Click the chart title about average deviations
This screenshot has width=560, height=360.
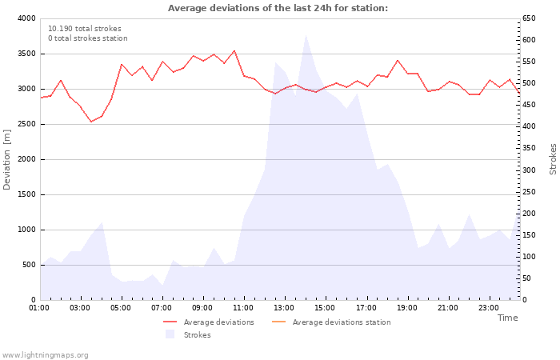[278, 8]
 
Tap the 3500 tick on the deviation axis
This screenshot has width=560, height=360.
[26, 54]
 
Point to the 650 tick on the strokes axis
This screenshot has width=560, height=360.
[529, 18]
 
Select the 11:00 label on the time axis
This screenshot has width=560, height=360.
[243, 308]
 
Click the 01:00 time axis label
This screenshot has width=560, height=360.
[39, 308]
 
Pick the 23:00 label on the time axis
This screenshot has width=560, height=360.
[489, 308]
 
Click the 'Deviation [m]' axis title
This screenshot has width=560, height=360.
[6, 159]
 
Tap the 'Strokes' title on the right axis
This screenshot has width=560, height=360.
[553, 159]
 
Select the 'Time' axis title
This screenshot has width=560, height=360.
[507, 318]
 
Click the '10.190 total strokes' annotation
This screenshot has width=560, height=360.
[85, 29]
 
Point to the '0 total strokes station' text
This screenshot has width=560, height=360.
[88, 38]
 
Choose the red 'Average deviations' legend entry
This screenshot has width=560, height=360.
[209, 322]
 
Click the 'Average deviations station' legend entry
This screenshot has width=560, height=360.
[331, 322]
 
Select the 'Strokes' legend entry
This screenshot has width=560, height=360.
[188, 334]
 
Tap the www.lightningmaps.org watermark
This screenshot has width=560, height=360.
[45, 355]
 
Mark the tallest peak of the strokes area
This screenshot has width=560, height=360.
[306, 35]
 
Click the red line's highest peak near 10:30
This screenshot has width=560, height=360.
[234, 50]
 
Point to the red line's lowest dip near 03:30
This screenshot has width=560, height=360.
[91, 122]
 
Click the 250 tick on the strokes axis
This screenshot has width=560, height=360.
[529, 192]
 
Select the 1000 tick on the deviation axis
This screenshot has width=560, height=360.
[26, 230]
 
